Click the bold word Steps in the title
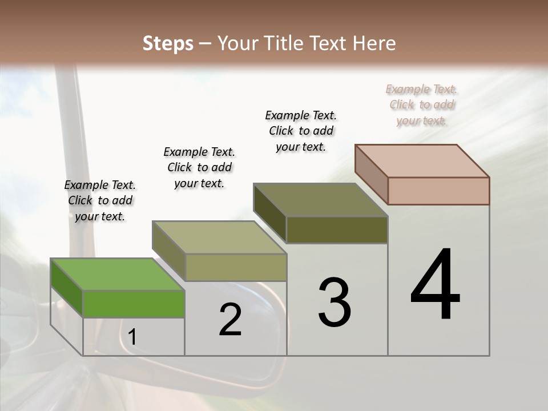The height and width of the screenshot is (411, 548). pyautogui.click(x=168, y=43)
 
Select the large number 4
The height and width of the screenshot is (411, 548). pyautogui.click(x=435, y=285)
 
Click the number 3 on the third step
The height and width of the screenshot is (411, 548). pyautogui.click(x=334, y=303)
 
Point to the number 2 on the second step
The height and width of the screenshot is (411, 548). pyautogui.click(x=230, y=320)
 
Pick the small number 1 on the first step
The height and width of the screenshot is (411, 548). pyautogui.click(x=132, y=337)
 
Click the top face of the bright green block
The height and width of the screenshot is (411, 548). pyautogui.click(x=117, y=274)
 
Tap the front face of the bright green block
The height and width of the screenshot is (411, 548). pyautogui.click(x=134, y=304)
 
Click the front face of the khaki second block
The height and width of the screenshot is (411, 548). pyautogui.click(x=235, y=267)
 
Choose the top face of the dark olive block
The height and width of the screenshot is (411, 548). pyautogui.click(x=320, y=200)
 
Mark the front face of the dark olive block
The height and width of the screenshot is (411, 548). pyautogui.click(x=337, y=230)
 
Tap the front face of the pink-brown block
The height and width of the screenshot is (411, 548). pyautogui.click(x=438, y=191)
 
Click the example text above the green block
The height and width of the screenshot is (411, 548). pyautogui.click(x=100, y=200)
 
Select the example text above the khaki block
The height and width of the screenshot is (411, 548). pyautogui.click(x=199, y=167)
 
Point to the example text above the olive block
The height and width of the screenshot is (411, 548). pyautogui.click(x=301, y=131)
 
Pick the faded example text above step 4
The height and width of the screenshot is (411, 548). pyautogui.click(x=422, y=104)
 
